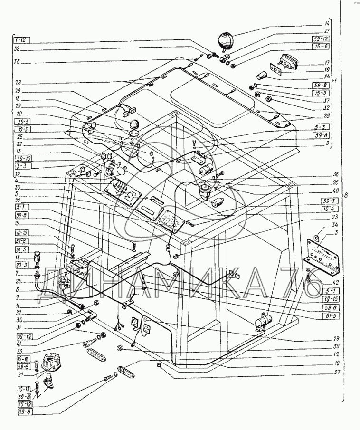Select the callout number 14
point(327,23)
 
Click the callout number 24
point(327,76)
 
